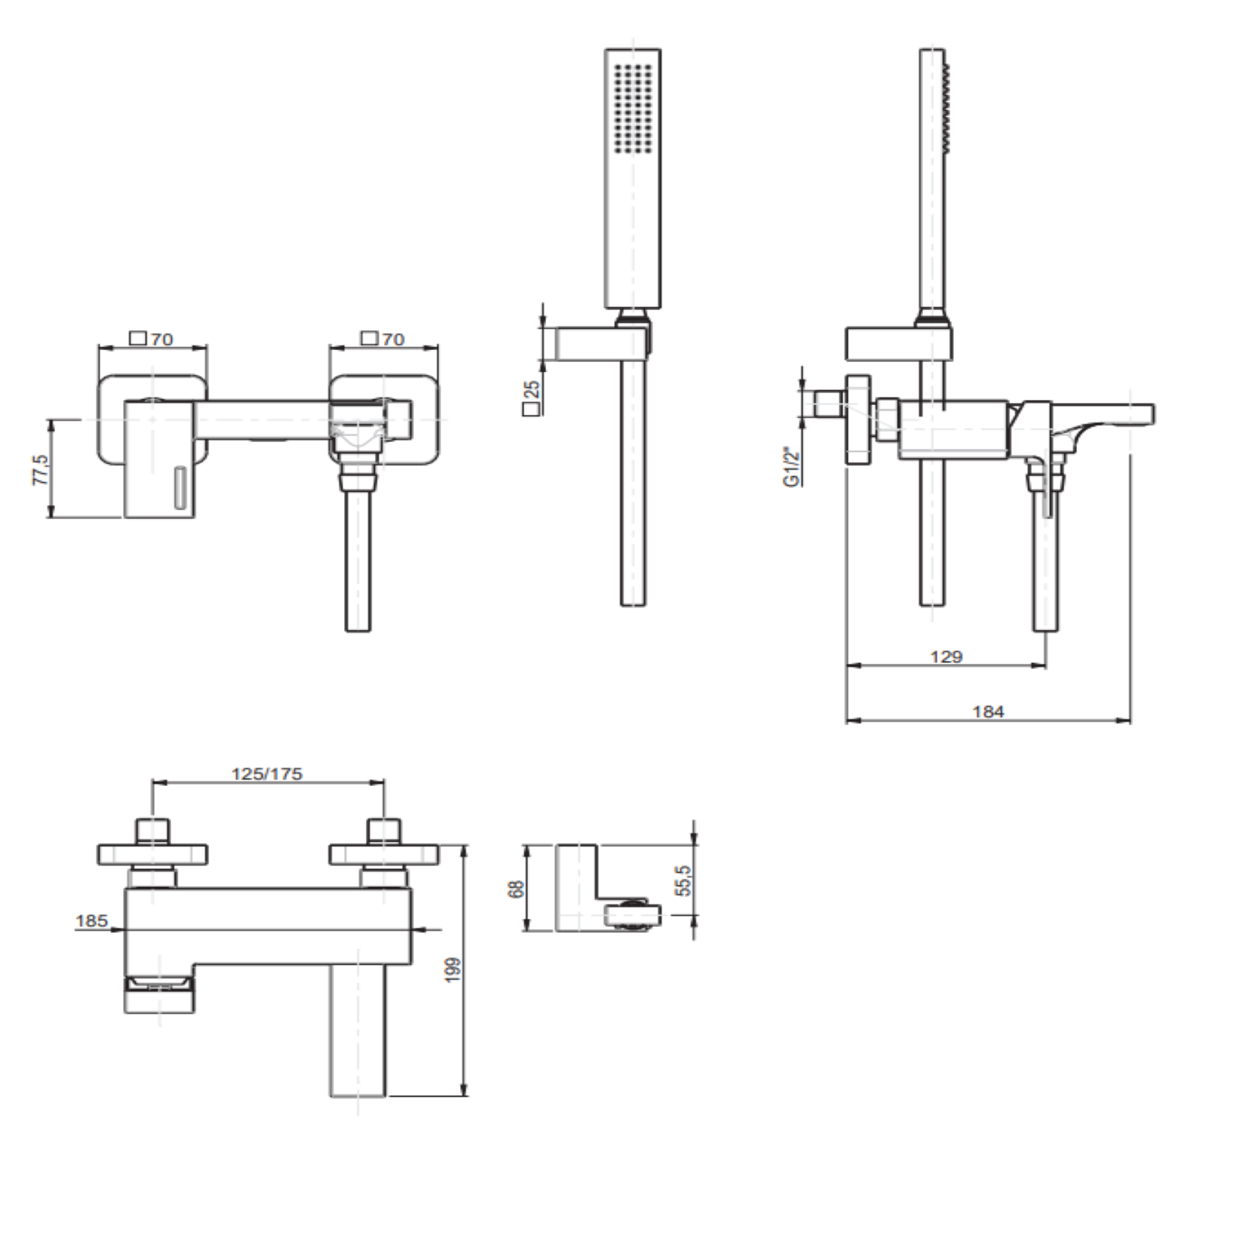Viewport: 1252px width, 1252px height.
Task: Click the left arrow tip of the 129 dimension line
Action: tap(847, 665)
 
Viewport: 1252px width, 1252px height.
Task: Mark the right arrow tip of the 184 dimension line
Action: tap(1131, 720)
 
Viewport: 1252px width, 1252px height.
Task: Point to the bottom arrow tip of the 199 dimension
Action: tap(465, 1095)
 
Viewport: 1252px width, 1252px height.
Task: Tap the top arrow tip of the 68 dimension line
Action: tap(528, 845)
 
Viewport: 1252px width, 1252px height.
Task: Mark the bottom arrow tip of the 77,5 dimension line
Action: tap(51, 517)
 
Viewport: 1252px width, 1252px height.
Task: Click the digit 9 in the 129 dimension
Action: tap(957, 657)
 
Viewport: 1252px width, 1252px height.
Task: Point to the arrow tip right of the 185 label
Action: tap(123, 930)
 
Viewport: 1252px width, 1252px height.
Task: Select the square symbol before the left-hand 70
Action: tap(138, 338)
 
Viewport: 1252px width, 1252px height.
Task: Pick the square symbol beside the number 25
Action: tap(532, 409)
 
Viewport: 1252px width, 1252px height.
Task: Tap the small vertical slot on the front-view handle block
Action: tap(180, 488)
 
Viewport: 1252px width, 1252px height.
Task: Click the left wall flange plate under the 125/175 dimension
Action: tap(152, 855)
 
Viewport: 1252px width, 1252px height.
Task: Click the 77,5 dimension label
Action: tap(42, 470)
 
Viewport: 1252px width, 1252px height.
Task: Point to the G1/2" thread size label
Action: tap(791, 467)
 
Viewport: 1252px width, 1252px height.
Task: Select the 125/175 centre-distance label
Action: tap(267, 774)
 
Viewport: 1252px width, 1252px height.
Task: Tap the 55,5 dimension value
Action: tap(683, 879)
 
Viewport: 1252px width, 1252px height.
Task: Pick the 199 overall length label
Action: tap(453, 969)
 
